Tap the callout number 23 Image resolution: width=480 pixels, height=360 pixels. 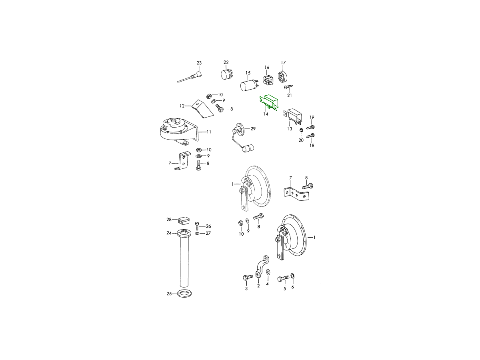pyautogui.click(x=199, y=63)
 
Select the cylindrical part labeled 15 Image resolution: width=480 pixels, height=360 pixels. pyautogui.click(x=249, y=86)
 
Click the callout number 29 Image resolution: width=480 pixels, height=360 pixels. pyautogui.click(x=253, y=129)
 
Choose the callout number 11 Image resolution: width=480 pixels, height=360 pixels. pyautogui.click(x=209, y=132)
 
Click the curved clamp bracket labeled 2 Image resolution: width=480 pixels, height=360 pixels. pyautogui.click(x=262, y=267)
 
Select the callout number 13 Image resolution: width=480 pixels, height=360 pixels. pyautogui.click(x=290, y=129)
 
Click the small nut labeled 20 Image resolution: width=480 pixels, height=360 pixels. pyautogui.click(x=301, y=130)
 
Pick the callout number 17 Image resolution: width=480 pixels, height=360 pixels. pyautogui.click(x=283, y=62)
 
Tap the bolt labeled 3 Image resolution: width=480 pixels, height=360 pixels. pyautogui.click(x=248, y=278)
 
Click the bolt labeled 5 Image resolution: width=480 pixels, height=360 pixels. pyautogui.click(x=283, y=278)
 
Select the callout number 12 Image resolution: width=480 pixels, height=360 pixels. pyautogui.click(x=182, y=106)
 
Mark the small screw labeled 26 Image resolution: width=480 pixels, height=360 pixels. pyautogui.click(x=197, y=226)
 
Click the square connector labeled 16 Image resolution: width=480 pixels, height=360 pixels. pyautogui.click(x=268, y=81)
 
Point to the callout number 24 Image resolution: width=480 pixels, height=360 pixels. pyautogui.click(x=169, y=233)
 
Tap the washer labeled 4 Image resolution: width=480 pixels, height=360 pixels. pyautogui.click(x=268, y=272)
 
